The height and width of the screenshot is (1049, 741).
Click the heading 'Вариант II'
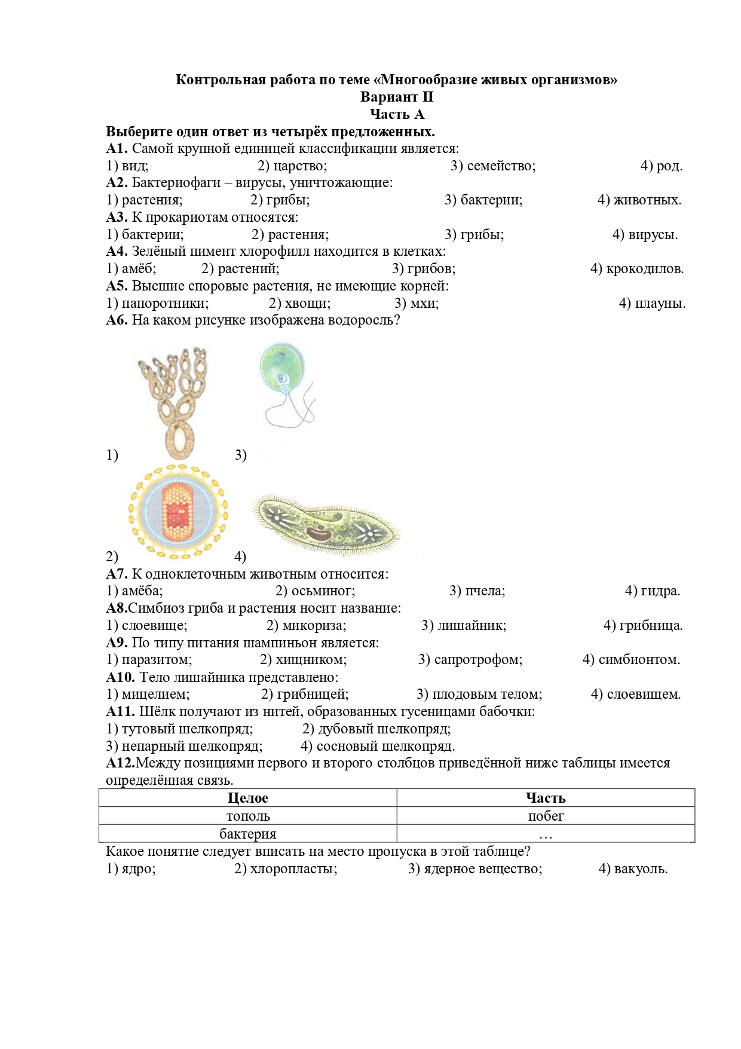[396, 97]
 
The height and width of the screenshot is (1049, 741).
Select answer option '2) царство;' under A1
[292, 166]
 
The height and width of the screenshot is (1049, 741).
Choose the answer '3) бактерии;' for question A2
[483, 200]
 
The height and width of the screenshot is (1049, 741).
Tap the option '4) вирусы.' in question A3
[645, 234]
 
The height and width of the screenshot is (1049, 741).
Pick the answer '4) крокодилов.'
[637, 269]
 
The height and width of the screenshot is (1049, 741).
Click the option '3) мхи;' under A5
[417, 303]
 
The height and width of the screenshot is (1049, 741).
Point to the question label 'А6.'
[117, 320]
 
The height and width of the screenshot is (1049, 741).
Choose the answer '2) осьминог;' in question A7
[315, 591]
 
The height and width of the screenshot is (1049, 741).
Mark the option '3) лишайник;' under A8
[464, 625]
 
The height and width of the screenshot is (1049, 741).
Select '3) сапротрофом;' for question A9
[470, 660]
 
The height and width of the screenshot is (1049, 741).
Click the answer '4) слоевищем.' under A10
[636, 695]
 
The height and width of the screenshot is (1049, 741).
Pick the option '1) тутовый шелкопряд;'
[179, 729]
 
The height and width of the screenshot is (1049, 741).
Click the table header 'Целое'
[248, 798]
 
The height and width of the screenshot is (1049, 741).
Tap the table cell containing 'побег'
[546, 816]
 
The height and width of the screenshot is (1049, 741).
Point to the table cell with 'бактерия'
[248, 834]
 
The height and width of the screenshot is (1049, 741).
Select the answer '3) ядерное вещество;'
[475, 868]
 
